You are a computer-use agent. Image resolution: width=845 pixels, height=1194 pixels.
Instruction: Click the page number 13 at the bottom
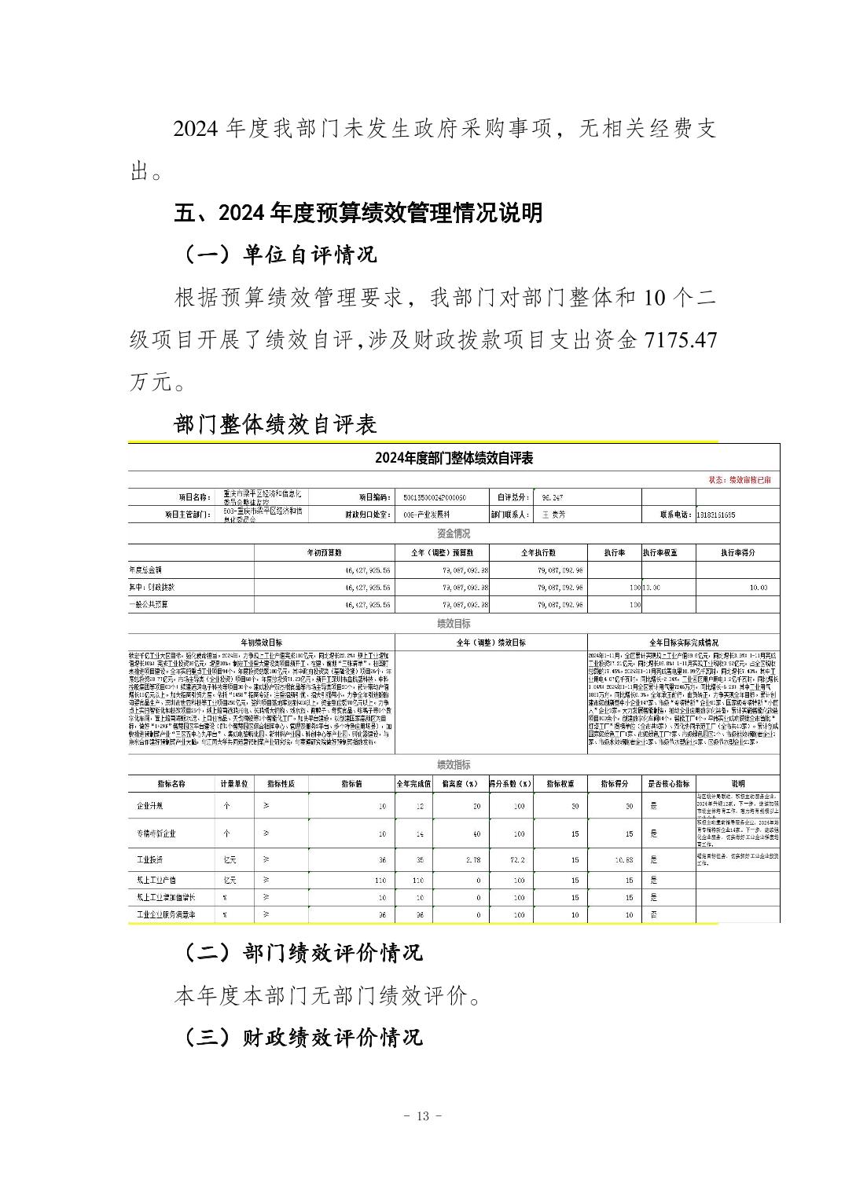tap(422, 1116)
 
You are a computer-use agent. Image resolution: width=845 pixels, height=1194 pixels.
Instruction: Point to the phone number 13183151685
tap(716, 515)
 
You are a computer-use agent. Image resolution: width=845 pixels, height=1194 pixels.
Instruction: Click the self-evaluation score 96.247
tap(553, 497)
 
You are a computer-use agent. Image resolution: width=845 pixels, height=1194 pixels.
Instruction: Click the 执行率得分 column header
tap(737, 552)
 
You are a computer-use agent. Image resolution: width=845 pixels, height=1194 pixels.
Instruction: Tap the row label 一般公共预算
tap(149, 605)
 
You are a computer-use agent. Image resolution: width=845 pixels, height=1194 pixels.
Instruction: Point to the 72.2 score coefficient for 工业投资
tap(517, 860)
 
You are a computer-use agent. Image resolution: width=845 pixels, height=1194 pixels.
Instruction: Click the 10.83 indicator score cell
tap(623, 860)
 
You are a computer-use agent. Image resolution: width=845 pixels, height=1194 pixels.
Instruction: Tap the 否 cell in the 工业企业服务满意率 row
tap(654, 914)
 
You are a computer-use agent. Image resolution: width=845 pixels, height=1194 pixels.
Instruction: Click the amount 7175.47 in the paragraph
tap(680, 340)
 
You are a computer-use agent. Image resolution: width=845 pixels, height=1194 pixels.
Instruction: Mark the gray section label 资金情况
tap(454, 533)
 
